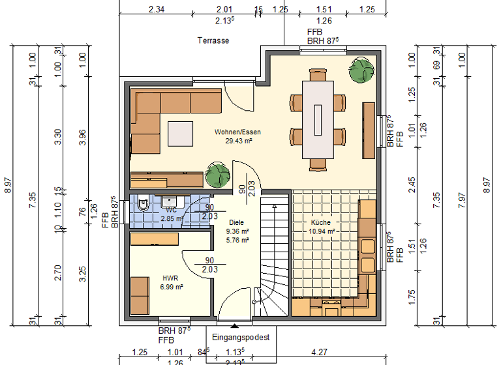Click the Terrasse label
213,40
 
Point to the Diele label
236,222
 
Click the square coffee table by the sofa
180,134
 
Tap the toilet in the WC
144,205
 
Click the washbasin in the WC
173,200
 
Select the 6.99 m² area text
172,286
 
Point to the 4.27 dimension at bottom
319,353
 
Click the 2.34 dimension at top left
157,9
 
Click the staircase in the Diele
275,261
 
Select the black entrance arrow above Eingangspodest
235,323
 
